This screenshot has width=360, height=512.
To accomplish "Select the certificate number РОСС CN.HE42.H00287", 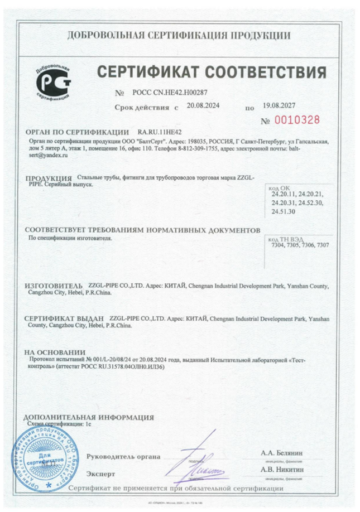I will (x=162, y=92).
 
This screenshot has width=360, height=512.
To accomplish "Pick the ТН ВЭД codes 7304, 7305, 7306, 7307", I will (x=300, y=245).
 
